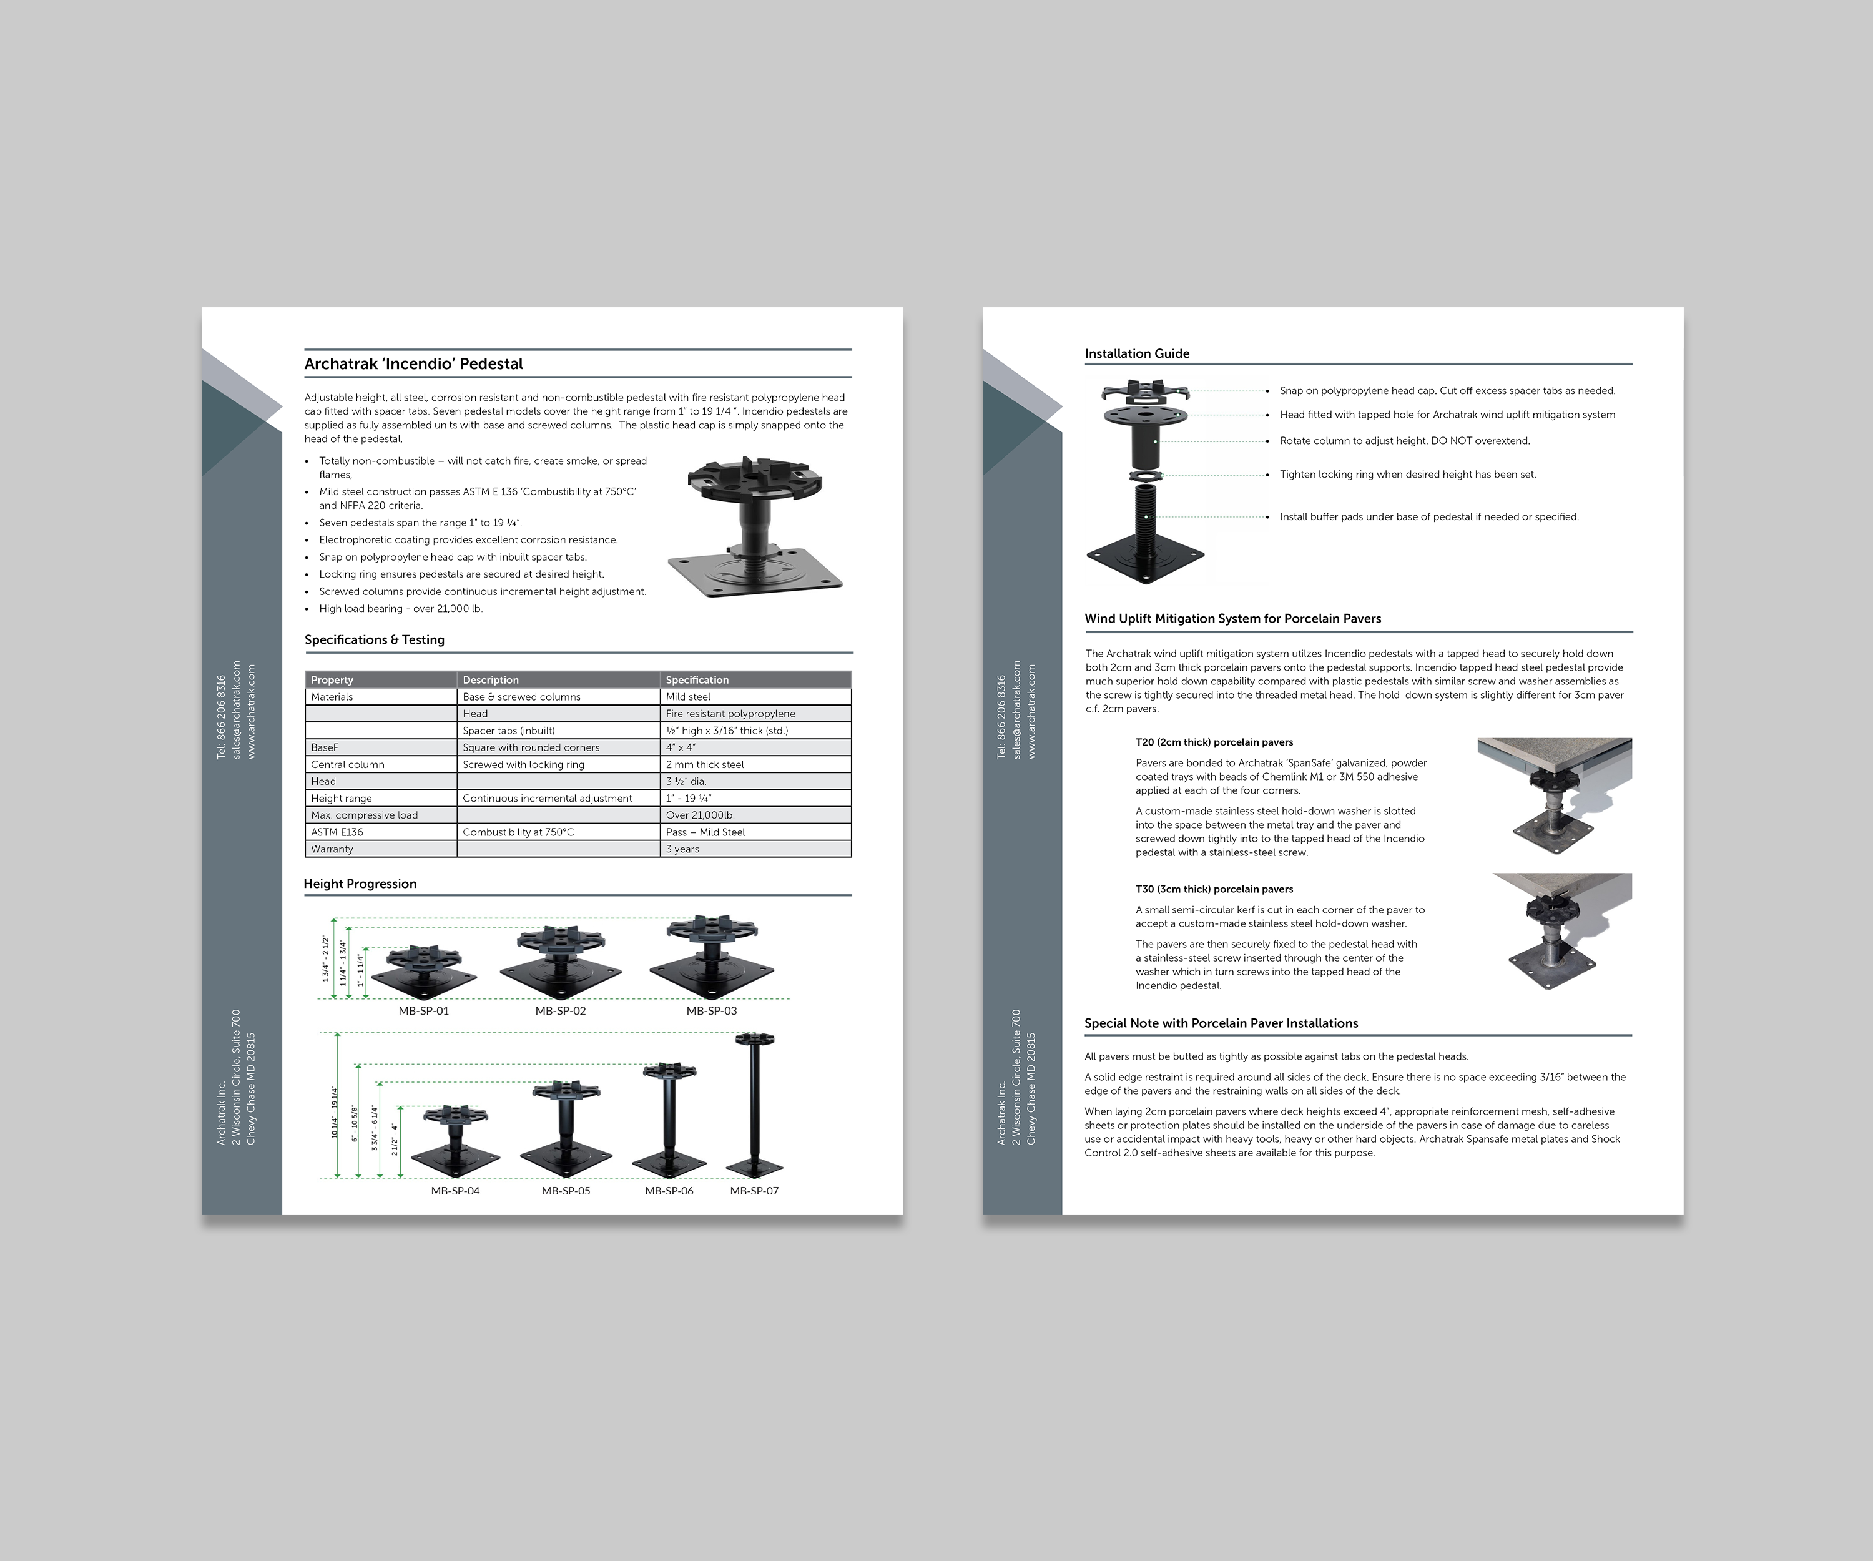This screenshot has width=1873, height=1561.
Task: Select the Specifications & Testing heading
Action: pos(375,639)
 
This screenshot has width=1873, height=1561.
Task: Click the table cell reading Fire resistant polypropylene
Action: pos(730,714)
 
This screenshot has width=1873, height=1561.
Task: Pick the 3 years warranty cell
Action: pos(682,849)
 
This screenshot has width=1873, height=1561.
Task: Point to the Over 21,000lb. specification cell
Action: pos(700,815)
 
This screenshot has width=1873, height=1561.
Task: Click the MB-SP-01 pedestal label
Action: pos(424,1011)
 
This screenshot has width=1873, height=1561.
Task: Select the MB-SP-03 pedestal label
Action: pos(712,1011)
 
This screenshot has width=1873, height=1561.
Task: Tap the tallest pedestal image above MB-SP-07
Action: pos(755,1106)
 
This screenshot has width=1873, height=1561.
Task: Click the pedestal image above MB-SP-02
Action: pos(560,964)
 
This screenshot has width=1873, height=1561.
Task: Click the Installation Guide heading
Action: pos(1137,353)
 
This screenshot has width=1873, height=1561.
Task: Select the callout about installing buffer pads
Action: pos(1430,516)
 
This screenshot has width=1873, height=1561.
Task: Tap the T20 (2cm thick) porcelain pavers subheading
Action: pos(1214,742)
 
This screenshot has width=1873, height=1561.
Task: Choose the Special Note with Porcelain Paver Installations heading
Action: pos(1221,1023)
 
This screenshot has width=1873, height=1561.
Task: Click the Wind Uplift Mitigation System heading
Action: pos(1232,618)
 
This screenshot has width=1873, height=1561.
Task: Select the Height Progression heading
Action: pos(360,884)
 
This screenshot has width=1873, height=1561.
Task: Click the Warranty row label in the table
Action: pos(332,849)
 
